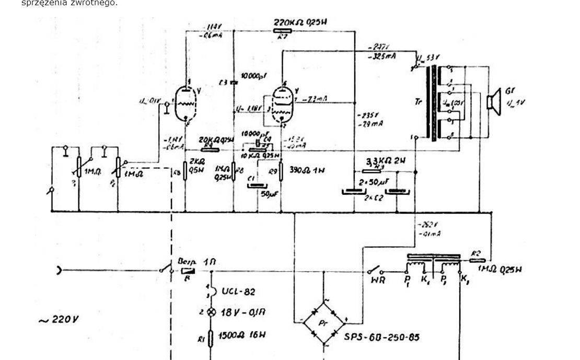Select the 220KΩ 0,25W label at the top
[x=300, y=23]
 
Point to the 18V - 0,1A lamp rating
[x=244, y=312]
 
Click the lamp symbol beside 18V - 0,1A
[x=212, y=312]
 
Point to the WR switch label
[x=378, y=281]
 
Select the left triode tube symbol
[x=187, y=102]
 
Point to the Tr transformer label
[x=417, y=102]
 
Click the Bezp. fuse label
[x=187, y=261]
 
